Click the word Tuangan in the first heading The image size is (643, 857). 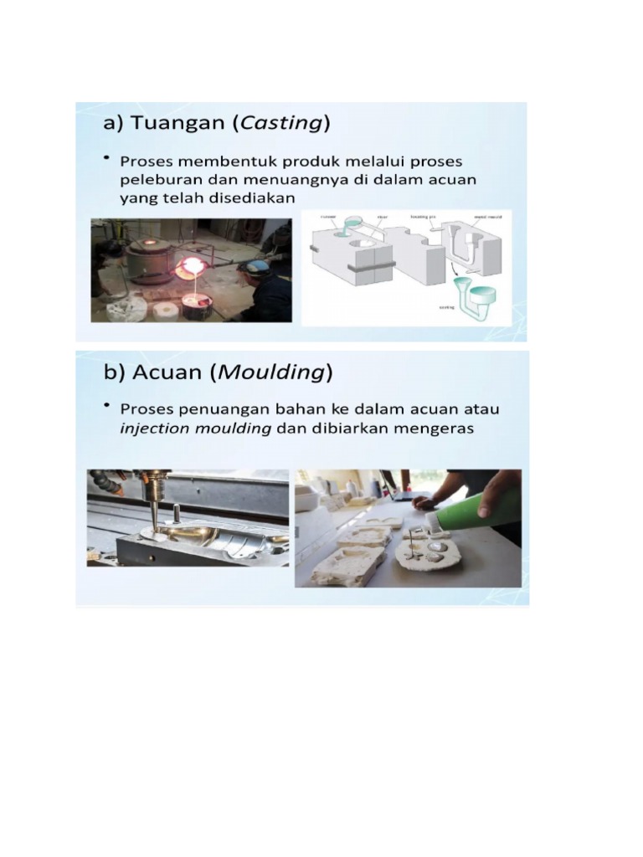[x=176, y=124]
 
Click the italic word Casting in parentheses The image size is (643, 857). [x=280, y=124]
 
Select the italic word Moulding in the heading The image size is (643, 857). [x=270, y=372]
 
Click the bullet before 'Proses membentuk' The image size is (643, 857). [x=107, y=157]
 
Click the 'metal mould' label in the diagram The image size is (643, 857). [x=487, y=216]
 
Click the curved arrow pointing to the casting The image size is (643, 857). [x=453, y=270]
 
